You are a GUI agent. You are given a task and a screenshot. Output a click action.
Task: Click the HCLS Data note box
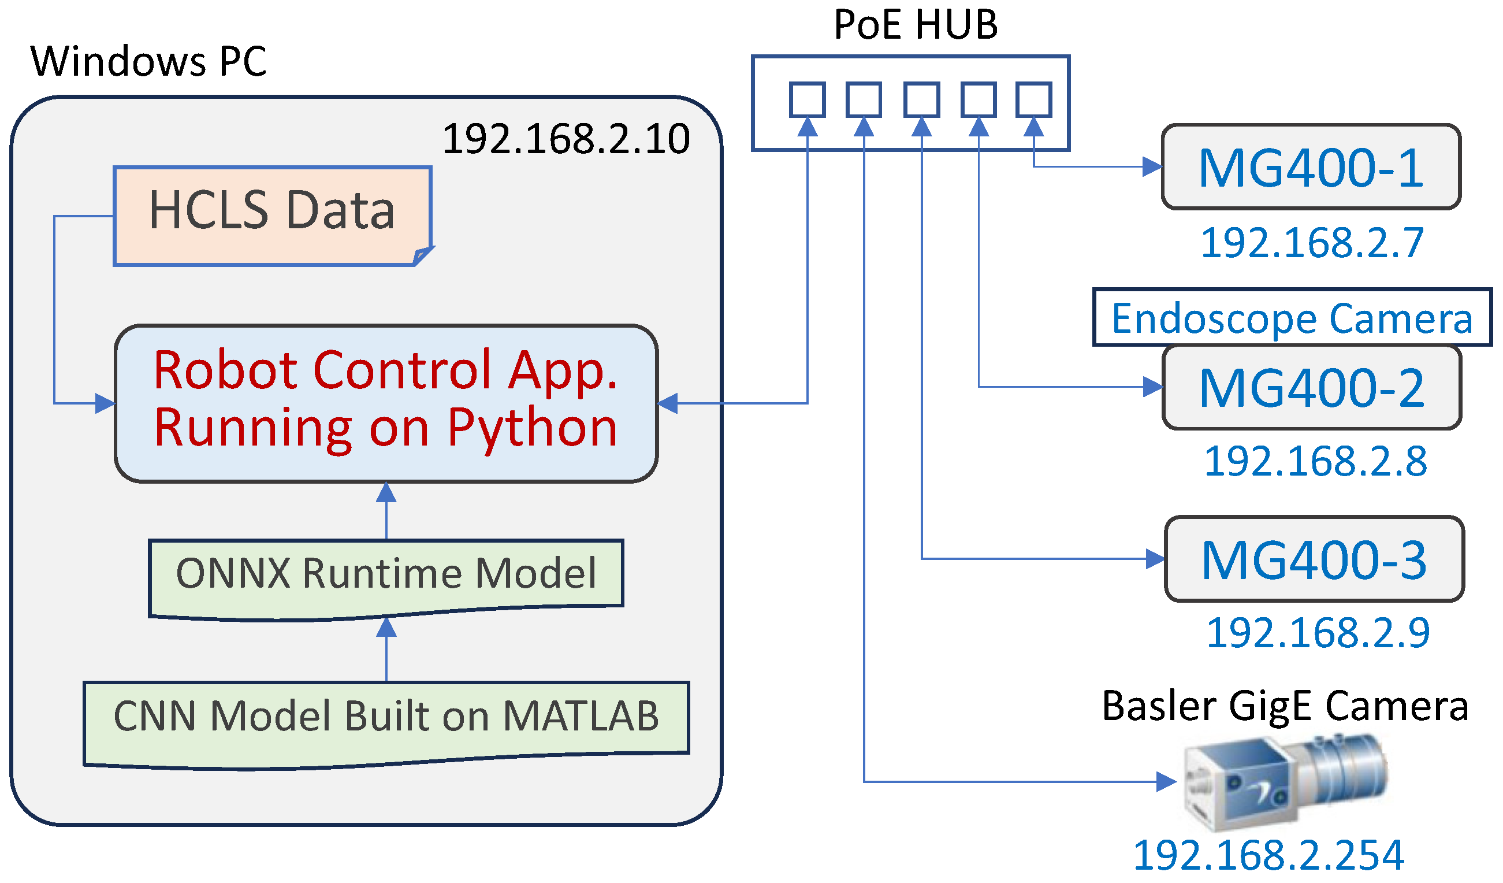[273, 216]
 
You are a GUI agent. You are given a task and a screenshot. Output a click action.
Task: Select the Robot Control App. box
[386, 404]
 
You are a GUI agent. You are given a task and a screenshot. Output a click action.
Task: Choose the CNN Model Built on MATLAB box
[386, 725]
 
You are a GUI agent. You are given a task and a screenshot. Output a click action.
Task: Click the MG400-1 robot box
[1311, 167]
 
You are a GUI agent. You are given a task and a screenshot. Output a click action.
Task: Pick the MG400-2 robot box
[1312, 388]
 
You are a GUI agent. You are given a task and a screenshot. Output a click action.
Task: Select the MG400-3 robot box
[1315, 559]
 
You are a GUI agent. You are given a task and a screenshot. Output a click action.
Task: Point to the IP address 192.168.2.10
[566, 139]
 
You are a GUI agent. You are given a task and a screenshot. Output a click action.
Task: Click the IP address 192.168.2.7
[1312, 243]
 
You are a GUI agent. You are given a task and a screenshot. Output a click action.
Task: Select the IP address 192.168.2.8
[1315, 461]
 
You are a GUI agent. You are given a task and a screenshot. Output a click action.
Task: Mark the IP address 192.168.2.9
[1318, 633]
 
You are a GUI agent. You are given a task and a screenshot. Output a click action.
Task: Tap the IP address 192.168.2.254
[1268, 856]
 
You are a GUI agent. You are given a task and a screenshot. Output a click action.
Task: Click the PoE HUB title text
[916, 24]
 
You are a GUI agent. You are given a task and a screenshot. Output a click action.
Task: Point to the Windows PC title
[148, 61]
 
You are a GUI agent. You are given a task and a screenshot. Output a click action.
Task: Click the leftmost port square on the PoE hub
[808, 99]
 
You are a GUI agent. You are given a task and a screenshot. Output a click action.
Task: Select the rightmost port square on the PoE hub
[1033, 99]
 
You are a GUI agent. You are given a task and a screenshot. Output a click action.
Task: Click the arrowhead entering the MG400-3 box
[1155, 559]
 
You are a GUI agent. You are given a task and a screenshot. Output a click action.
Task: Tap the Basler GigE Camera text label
[1285, 706]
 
